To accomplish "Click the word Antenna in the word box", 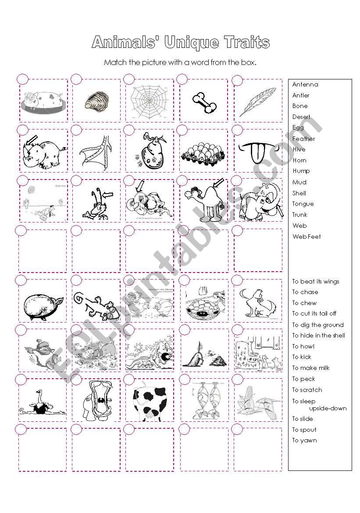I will coord(305,84).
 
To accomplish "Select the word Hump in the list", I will coord(301,171).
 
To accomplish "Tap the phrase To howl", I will coord(303,346).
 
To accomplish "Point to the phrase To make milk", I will coord(311,368).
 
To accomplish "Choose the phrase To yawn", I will coord(304,440).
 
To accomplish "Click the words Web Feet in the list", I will coord(307,237).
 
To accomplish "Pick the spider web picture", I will coord(149,100).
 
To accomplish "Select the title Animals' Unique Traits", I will coord(180,43).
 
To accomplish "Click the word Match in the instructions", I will coord(114,62).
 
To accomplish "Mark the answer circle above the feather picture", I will coord(237,80).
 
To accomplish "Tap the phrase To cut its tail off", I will coord(314,313).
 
